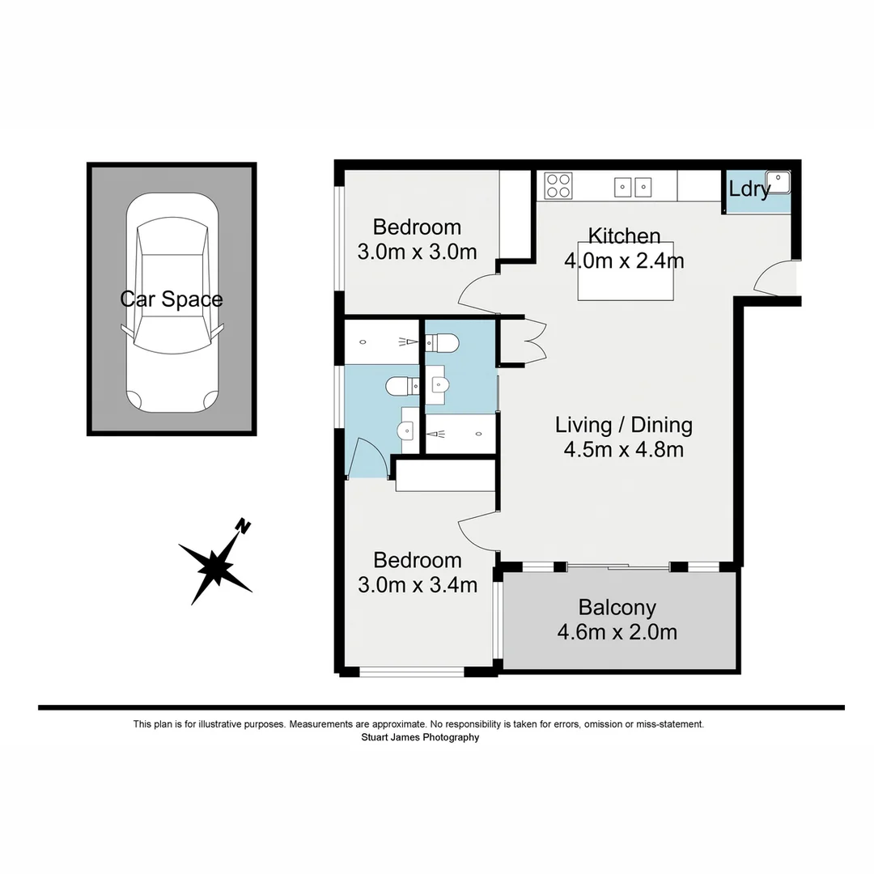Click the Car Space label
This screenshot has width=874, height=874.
pos(172,299)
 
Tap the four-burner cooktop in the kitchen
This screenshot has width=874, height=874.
pos(558,186)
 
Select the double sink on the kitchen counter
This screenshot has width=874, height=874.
pos(631,187)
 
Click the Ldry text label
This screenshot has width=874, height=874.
pos(749,190)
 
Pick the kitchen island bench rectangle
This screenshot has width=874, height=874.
pos(626,283)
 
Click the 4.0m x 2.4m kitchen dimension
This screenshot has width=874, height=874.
pos(624,261)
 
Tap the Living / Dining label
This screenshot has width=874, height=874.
pos(623,425)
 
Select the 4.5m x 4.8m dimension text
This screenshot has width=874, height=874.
pos(623,449)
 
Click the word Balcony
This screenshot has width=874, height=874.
pos(617,607)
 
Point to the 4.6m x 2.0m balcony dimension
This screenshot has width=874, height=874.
pos(617,632)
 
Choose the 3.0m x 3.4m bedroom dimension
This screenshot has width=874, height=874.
pos(417,584)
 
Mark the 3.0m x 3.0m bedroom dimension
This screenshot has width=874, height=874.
pos(417,252)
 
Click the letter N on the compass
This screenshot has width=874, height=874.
pos(242,526)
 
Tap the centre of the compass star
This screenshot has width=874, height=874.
pos(215,565)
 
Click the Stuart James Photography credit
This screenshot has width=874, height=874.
pos(420,737)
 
